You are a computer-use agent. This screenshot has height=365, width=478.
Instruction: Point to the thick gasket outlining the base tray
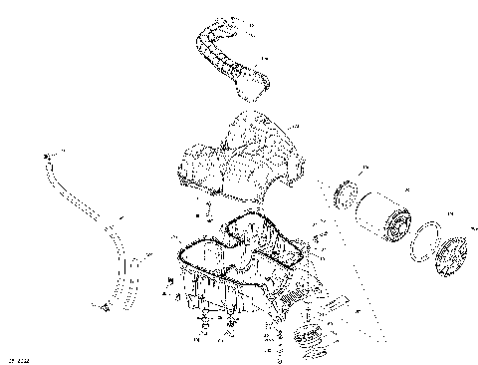click(x=183, y=260)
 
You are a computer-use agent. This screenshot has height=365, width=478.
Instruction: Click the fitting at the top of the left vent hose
click(x=47, y=158)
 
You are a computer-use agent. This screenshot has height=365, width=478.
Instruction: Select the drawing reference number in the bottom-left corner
click(x=15, y=357)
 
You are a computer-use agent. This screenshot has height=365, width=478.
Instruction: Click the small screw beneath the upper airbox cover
click(x=208, y=210)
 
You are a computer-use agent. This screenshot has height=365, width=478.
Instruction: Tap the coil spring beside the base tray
click(x=296, y=295)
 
